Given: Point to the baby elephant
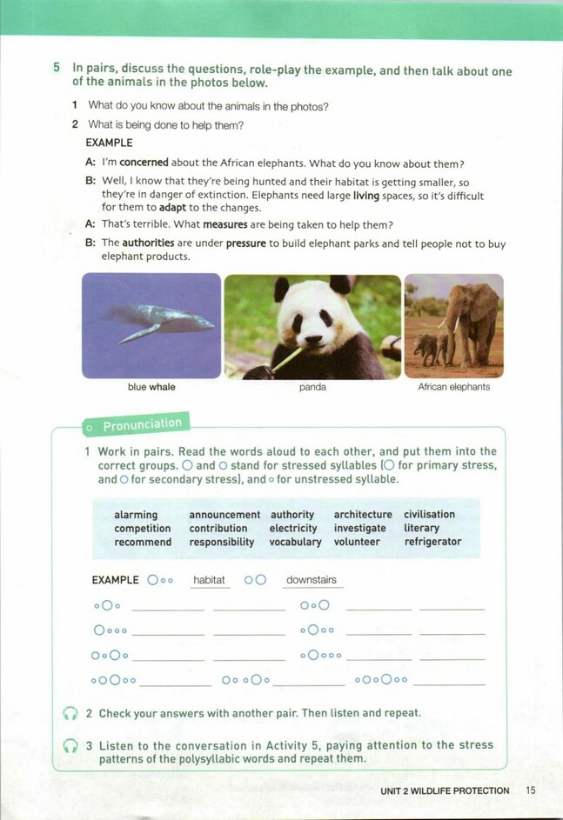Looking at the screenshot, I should pyautogui.click(x=430, y=347).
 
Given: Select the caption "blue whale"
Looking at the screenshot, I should pyautogui.click(x=151, y=387).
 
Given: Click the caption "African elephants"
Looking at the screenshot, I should pyautogui.click(x=453, y=387).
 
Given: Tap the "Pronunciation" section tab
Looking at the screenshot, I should pyautogui.click(x=142, y=424).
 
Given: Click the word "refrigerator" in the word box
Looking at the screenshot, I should pyautogui.click(x=432, y=542).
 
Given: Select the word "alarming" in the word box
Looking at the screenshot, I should pyautogui.click(x=136, y=515).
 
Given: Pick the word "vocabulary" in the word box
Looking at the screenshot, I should pyautogui.click(x=295, y=542).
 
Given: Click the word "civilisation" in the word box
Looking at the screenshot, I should pyautogui.click(x=429, y=515).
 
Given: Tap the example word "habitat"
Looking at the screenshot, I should pyautogui.click(x=209, y=580).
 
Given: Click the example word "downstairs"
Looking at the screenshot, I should pyautogui.click(x=312, y=580).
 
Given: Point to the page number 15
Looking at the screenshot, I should pyautogui.click(x=532, y=790).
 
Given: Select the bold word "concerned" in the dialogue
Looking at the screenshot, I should pyautogui.click(x=144, y=163).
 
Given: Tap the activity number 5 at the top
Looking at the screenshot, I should pyautogui.click(x=57, y=67).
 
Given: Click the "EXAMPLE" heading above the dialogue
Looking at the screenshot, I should pyautogui.click(x=109, y=143).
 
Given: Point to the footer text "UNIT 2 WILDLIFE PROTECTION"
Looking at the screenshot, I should pyautogui.click(x=445, y=790).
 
